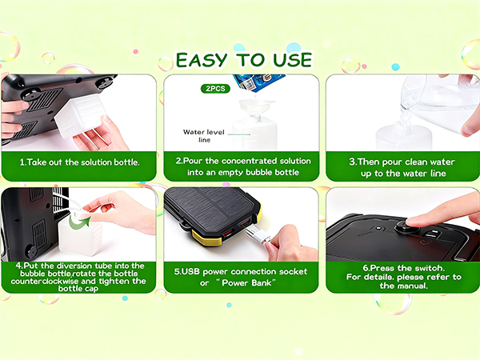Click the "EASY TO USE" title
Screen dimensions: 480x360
[x=244, y=60]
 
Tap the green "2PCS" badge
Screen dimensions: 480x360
[x=215, y=89]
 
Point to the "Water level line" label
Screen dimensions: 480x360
[x=204, y=136]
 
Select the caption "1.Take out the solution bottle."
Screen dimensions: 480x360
[x=79, y=162]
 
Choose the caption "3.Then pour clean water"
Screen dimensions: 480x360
[x=402, y=162]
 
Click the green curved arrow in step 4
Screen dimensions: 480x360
[x=79, y=222]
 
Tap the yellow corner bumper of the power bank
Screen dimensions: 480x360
[x=206, y=238]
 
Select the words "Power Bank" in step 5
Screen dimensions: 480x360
[x=246, y=282]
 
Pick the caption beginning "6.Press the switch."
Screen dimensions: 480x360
[x=403, y=277]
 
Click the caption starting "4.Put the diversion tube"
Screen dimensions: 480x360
[x=78, y=277]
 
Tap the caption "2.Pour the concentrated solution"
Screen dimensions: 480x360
[x=243, y=161]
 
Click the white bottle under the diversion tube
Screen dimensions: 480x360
[x=80, y=235]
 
